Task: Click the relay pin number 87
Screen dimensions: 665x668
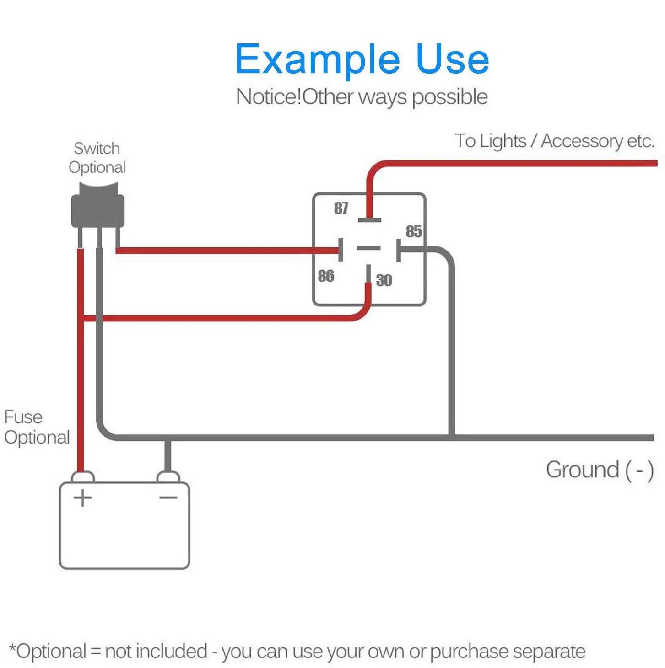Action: click(341, 208)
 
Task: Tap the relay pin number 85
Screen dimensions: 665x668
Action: click(413, 231)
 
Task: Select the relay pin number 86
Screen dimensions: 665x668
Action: click(326, 276)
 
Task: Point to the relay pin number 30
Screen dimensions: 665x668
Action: click(384, 280)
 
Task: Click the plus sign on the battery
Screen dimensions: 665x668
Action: click(82, 498)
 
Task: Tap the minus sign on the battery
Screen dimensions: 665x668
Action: click(168, 498)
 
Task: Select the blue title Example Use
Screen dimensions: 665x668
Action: click(362, 59)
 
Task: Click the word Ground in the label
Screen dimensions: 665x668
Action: click(583, 470)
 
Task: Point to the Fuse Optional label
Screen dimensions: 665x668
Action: click(37, 427)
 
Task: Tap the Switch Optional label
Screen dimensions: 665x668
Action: click(97, 158)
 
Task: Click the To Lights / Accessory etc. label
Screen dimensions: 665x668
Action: click(554, 141)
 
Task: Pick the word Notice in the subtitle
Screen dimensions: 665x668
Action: click(268, 97)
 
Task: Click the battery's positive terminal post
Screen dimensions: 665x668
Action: click(82, 477)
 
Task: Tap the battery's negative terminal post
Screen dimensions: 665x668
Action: click(168, 477)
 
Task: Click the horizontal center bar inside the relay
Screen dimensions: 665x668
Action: click(368, 247)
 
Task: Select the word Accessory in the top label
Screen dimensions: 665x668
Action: click(582, 141)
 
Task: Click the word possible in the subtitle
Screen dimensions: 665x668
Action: click(450, 97)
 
